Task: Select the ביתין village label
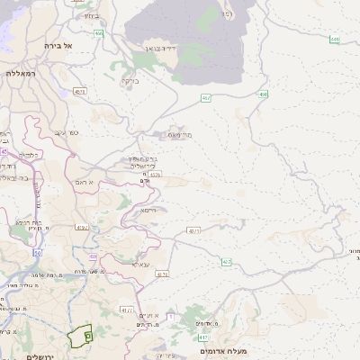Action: click(x=93, y=15)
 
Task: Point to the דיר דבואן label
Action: click(x=158, y=49)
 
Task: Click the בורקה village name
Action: click(x=130, y=79)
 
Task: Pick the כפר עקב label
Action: click(x=67, y=132)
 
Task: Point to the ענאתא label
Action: click(x=140, y=265)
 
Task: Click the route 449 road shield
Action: click(x=335, y=40)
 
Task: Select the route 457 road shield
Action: click(x=206, y=97)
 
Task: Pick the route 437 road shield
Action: click(x=193, y=230)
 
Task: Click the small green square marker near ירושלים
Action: click(x=88, y=335)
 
